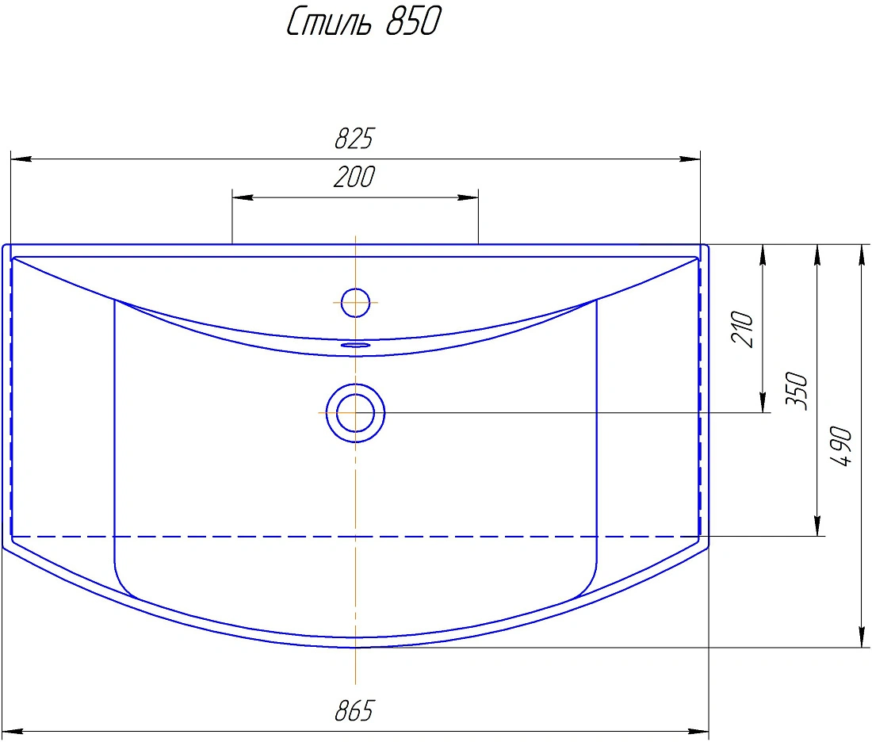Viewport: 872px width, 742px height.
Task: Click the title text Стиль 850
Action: tap(364, 21)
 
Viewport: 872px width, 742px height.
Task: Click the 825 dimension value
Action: tap(355, 139)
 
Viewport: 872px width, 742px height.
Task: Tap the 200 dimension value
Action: tap(354, 177)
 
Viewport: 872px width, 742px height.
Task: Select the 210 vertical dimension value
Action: tap(743, 329)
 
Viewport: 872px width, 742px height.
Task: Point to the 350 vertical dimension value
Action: tap(797, 392)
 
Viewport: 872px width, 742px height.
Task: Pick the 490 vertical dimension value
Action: tap(841, 446)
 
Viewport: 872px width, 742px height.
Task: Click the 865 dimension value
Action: tap(355, 711)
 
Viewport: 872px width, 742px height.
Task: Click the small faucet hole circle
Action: tap(355, 303)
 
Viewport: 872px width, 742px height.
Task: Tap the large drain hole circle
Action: tap(355, 413)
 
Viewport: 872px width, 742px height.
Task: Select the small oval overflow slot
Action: tap(355, 345)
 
